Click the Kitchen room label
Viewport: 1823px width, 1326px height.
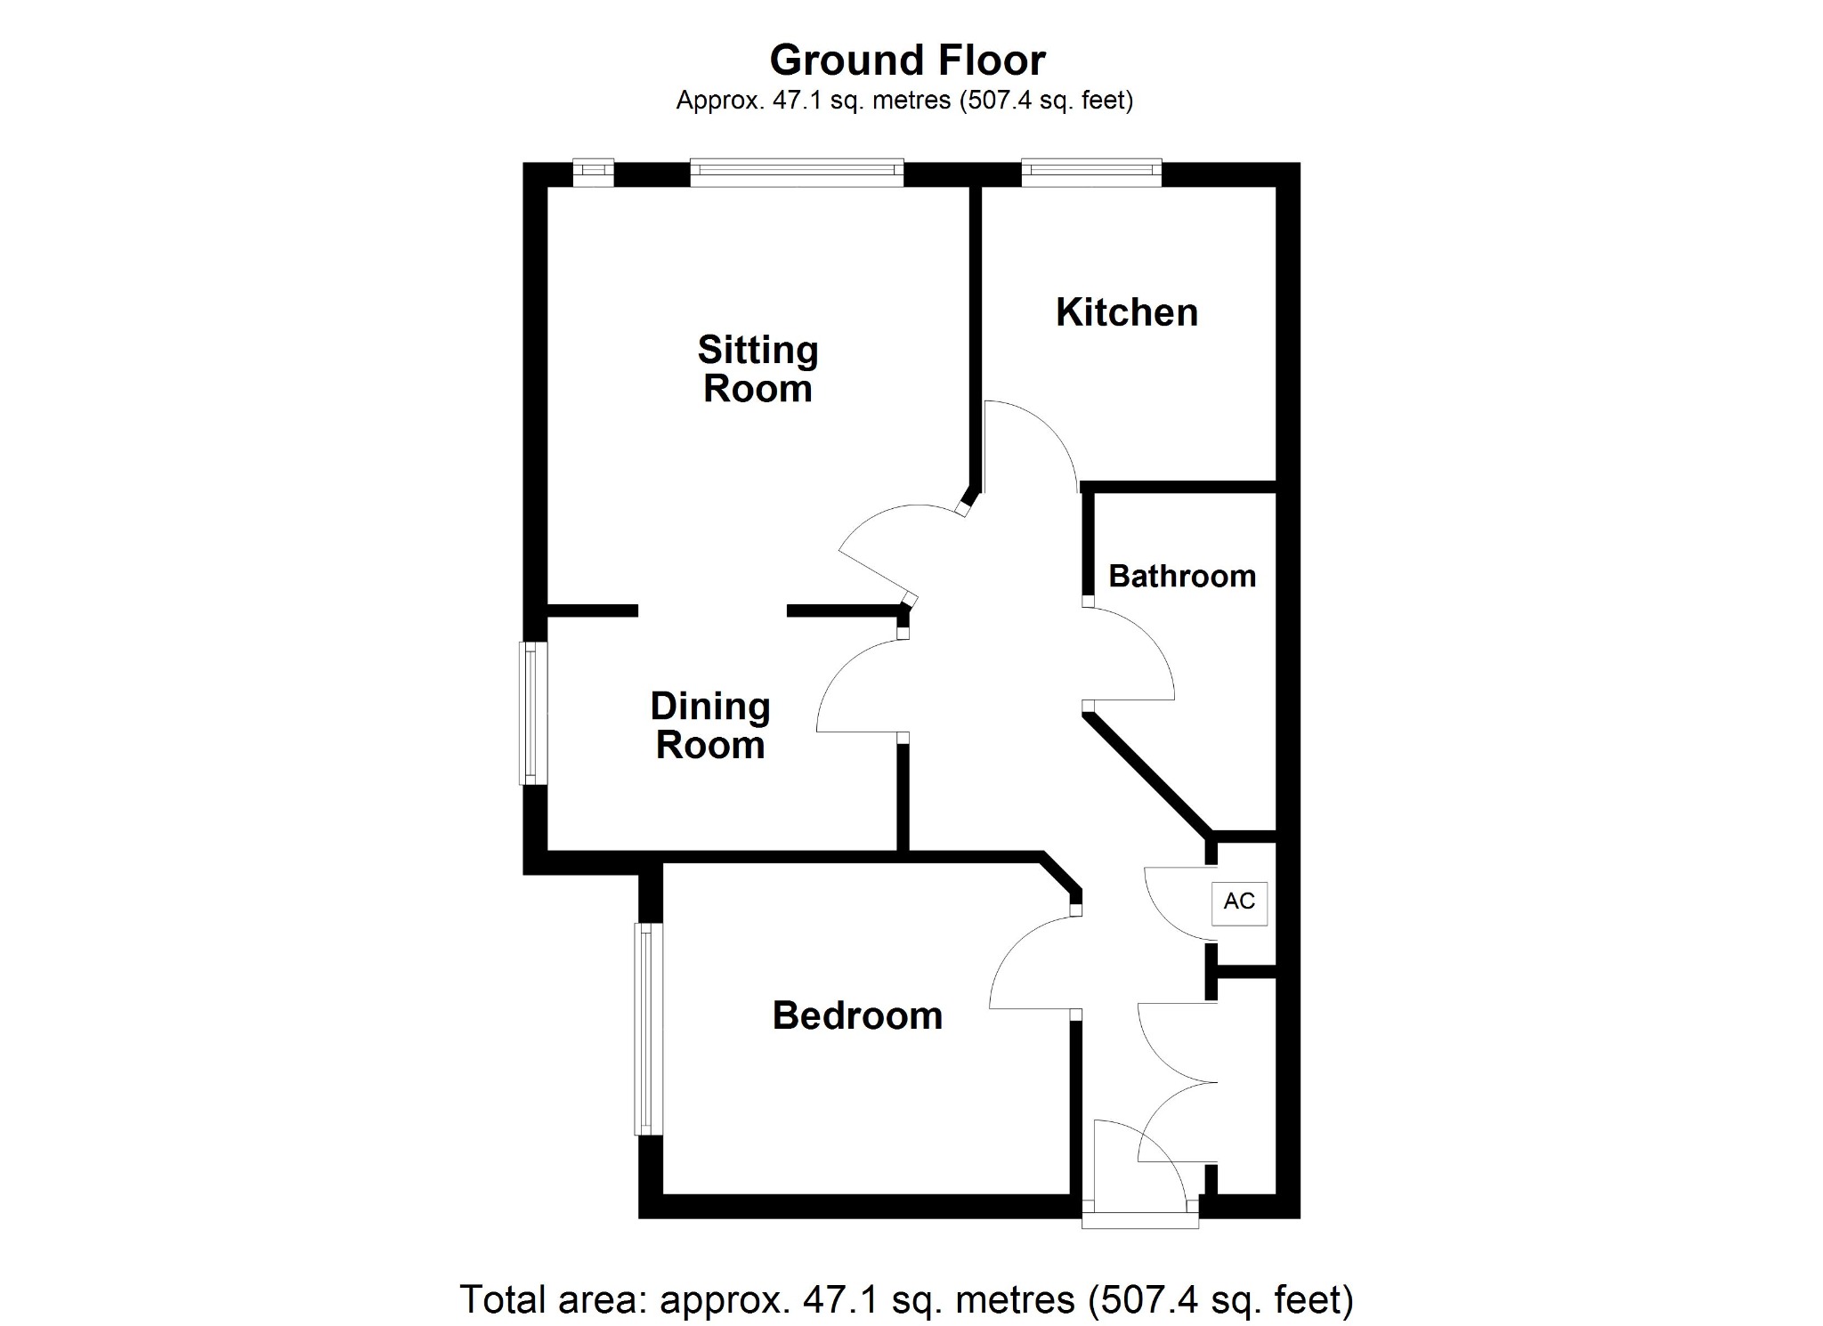(1127, 312)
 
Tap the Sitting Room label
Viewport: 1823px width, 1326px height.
(758, 369)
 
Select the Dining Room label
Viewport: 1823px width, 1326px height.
(710, 725)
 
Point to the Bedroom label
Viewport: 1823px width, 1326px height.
(857, 1015)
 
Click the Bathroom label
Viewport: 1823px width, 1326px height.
(1182, 576)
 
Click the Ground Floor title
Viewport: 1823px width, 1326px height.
(907, 61)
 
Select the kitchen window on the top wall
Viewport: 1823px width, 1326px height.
(1091, 173)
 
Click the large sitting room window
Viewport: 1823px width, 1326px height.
(797, 173)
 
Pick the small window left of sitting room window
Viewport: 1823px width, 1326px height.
(593, 173)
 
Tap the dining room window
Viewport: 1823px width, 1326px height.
(533, 713)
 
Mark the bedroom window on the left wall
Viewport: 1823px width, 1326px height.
(649, 1029)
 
